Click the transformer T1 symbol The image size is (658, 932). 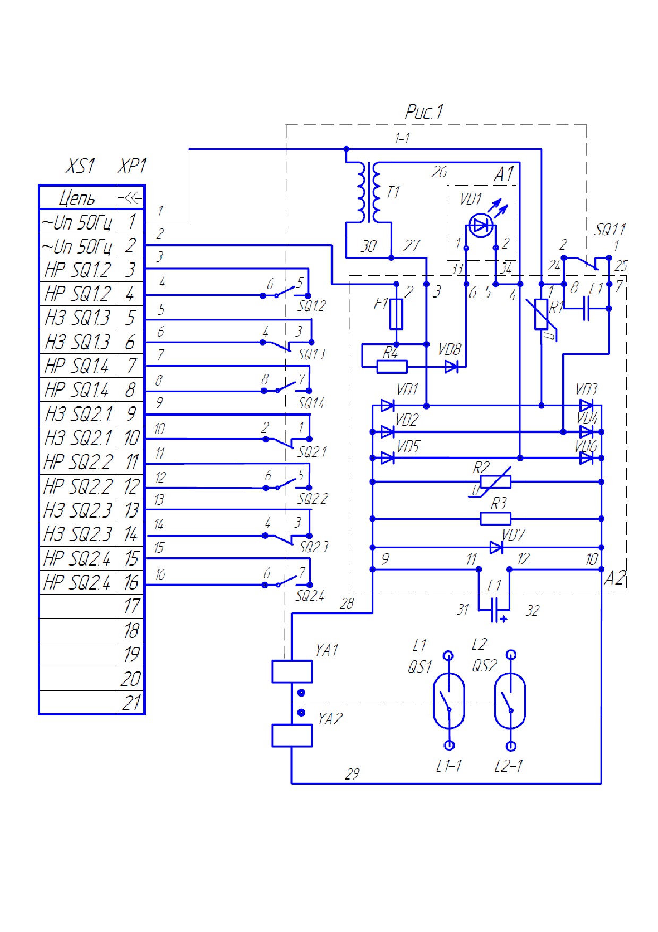coord(369,192)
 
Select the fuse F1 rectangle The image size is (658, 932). coord(396,314)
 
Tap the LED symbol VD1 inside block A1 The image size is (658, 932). coord(481,225)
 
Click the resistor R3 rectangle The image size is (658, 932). coord(495,519)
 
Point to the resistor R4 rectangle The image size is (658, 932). coord(392,366)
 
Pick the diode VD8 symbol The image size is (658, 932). coord(451,366)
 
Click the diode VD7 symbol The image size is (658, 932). coord(497,547)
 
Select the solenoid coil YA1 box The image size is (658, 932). coord(292,672)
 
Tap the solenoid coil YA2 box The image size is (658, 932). coord(292,735)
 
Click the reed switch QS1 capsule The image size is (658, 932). coord(449,700)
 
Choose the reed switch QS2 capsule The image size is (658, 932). coord(510,700)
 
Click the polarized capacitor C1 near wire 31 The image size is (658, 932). coord(494,610)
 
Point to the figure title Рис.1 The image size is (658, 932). coord(424,112)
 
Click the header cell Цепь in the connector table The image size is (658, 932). coord(77,198)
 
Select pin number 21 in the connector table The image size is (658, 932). coord(131,702)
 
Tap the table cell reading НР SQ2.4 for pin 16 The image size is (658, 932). coord(78,582)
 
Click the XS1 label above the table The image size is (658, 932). coord(80,166)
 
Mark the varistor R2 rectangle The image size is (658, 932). coord(495,482)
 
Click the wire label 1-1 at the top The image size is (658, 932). coord(402,139)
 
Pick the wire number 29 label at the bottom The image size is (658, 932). coord(352,774)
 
